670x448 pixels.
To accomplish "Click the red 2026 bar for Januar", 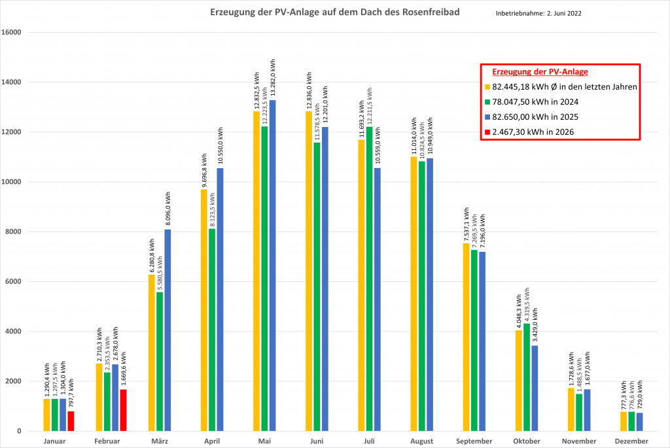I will click(71, 421).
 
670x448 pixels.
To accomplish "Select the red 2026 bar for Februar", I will click(123, 410).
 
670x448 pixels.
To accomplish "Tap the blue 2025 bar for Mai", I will click(272, 266).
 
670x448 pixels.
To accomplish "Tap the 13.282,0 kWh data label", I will click(273, 79).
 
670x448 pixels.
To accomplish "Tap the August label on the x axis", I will click(422, 441).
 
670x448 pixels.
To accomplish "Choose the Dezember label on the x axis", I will click(631, 441).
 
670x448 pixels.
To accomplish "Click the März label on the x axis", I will click(160, 441).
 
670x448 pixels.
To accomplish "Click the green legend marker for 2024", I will click(487, 101).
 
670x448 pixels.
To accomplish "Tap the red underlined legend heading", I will click(540, 71).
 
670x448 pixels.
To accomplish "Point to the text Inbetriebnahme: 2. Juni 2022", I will click(538, 13).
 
